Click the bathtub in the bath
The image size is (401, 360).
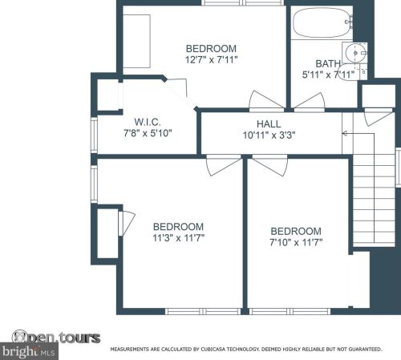pos(323,22)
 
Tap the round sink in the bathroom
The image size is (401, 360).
pos(355,53)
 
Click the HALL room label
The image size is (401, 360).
pos(269,124)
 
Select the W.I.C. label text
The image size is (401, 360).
pos(148,122)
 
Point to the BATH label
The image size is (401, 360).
pos(328,64)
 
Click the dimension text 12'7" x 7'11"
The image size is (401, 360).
pos(212,59)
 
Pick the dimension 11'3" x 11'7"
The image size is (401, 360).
pos(178,237)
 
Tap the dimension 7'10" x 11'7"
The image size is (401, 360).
pos(296,242)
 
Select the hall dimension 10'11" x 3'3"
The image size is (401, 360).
pos(269,136)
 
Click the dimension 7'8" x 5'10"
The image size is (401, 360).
pos(148,133)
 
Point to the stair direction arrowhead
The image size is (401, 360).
pos(345,133)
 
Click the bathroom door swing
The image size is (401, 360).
pos(310,102)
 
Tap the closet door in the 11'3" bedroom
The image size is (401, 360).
pos(127,223)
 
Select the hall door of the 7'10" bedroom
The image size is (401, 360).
pos(270,166)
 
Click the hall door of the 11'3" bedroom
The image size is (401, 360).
pos(224,166)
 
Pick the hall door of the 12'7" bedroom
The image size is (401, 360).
pos(266,101)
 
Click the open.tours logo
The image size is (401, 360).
pos(56,337)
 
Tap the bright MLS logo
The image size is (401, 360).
pos(29,351)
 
